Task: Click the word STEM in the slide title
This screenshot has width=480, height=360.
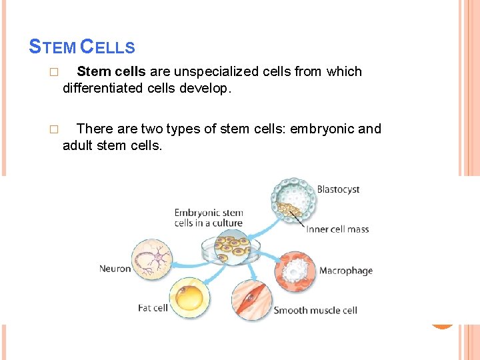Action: (53, 47)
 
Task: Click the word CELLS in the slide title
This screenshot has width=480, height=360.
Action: (107, 47)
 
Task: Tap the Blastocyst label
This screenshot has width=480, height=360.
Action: (338, 189)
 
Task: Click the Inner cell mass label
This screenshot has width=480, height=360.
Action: (337, 229)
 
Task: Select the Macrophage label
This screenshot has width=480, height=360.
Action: (345, 271)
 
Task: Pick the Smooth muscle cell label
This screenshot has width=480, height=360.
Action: (315, 310)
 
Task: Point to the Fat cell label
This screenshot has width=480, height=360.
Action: (153, 308)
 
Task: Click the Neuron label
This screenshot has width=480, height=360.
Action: (115, 269)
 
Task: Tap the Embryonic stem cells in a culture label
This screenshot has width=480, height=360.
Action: (209, 218)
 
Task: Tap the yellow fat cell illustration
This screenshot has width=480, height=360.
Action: (189, 298)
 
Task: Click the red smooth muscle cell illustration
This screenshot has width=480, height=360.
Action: (251, 299)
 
